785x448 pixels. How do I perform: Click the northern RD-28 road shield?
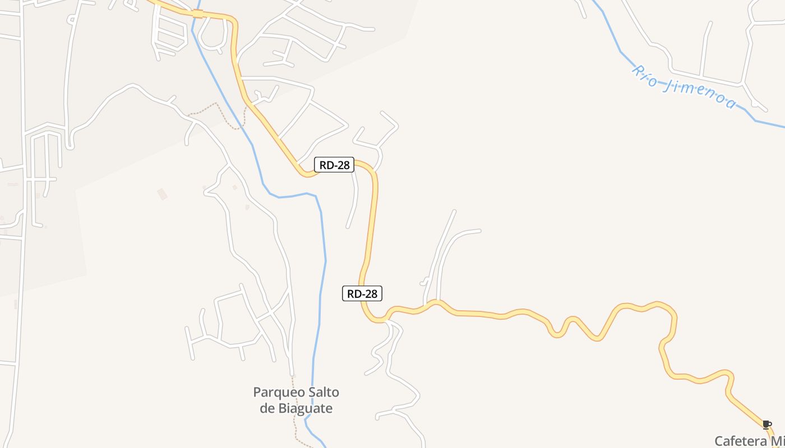(334, 165)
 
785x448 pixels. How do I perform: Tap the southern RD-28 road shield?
(362, 293)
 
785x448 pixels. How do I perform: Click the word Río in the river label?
(645, 77)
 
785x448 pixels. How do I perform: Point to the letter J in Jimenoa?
(668, 85)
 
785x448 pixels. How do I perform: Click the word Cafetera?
(740, 441)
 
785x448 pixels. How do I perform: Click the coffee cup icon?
(766, 424)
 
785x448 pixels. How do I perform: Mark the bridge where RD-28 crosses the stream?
(197, 13)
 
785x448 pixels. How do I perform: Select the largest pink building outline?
(163, 194)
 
